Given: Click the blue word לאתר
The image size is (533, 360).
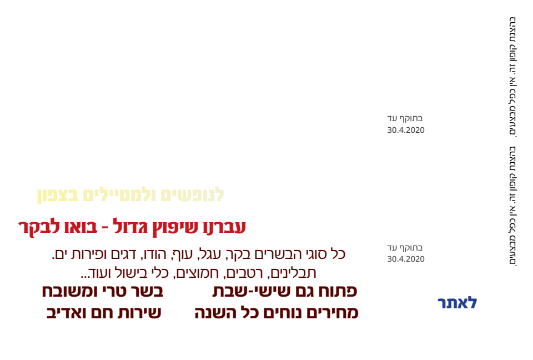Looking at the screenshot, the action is [x=457, y=302].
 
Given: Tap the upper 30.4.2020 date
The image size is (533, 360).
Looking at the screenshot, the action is [x=406, y=130].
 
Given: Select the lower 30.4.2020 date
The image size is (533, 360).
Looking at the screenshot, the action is [x=406, y=259].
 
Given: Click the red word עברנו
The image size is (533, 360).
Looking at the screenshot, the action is [x=225, y=227].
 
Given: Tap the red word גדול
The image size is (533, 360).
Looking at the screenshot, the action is [x=130, y=226].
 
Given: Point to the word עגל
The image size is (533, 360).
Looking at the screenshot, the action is [x=210, y=254].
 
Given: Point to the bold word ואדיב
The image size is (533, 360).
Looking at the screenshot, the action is [x=65, y=313].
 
